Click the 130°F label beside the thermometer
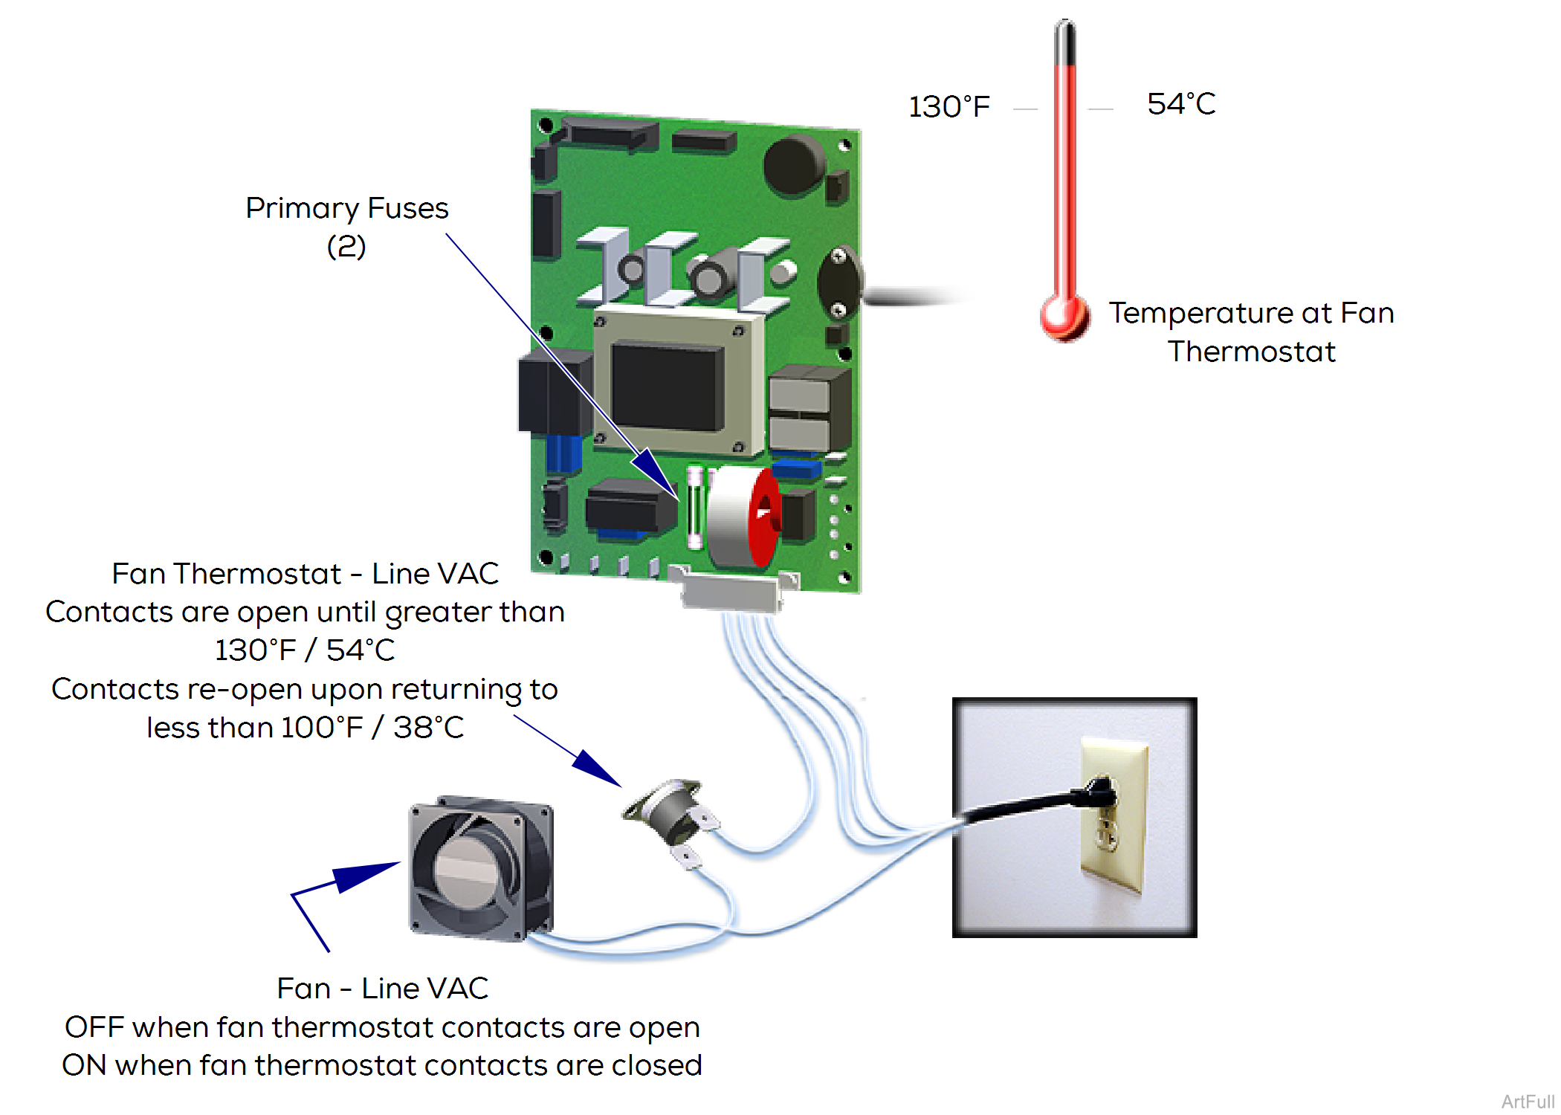point(949,107)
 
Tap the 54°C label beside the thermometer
point(1180,104)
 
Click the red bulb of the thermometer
point(1064,317)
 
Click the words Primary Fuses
point(346,208)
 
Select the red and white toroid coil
point(743,517)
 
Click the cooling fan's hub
point(465,870)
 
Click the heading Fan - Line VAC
point(382,989)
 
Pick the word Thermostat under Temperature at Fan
point(1251,352)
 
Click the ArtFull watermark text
point(1528,1102)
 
